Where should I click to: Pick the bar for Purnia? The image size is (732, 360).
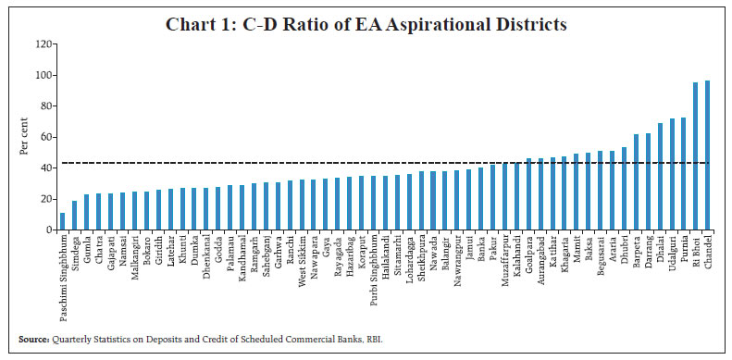(x=683, y=174)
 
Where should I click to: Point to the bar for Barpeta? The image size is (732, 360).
(x=636, y=182)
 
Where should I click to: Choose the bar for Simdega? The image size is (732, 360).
(x=75, y=216)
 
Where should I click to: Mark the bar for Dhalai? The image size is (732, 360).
(x=660, y=177)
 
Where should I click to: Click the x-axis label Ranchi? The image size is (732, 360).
(x=290, y=252)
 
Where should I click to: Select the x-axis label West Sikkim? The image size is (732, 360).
(x=302, y=259)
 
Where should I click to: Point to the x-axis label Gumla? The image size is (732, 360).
(x=87, y=251)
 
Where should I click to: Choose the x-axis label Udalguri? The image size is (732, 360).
(x=672, y=254)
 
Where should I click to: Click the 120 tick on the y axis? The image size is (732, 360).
(x=40, y=44)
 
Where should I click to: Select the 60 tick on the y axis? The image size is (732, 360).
(x=43, y=137)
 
